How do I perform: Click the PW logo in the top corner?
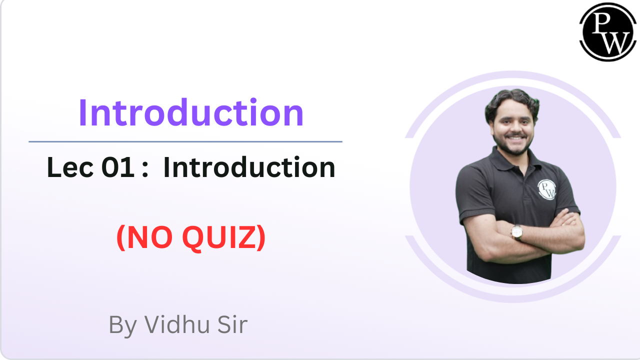[608, 32]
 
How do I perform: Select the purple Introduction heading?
[191, 113]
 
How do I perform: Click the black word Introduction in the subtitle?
[249, 167]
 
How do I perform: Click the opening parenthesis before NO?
[120, 239]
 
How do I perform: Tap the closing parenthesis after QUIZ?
[260, 239]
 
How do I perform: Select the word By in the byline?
[122, 325]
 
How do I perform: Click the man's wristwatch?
[516, 231]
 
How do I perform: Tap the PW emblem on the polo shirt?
[547, 189]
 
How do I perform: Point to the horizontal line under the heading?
[185, 142]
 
